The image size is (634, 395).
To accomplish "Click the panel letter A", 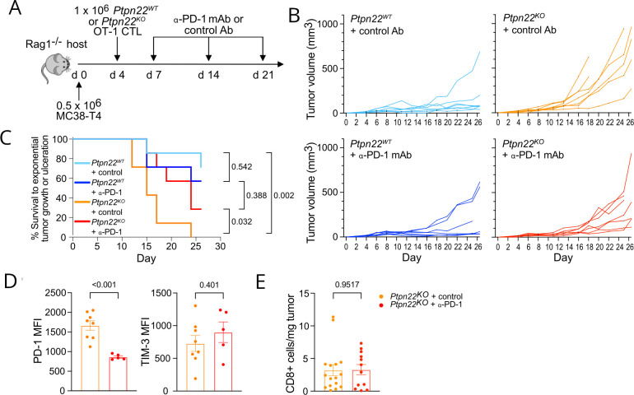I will [12, 11].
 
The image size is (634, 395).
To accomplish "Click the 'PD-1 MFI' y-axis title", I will [14, 342].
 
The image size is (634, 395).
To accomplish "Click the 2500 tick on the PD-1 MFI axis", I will [40, 293].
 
